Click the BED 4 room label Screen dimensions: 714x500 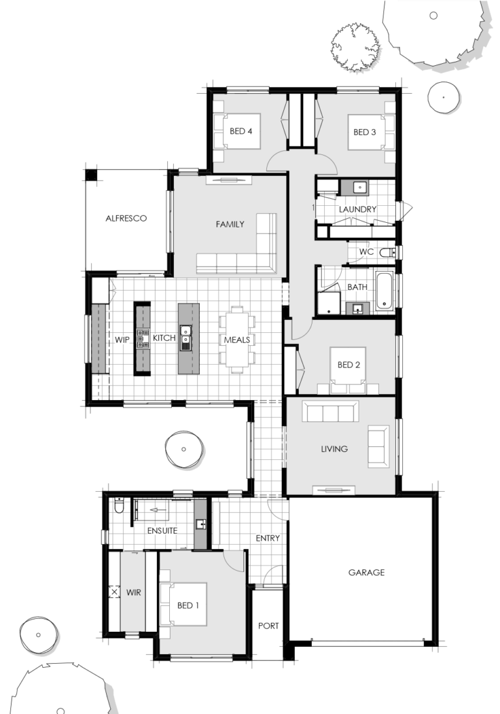pos(240,131)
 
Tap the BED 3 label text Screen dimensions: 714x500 pos(365,132)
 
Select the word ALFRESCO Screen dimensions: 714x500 pos(126,218)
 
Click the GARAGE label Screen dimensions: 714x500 pos(366,573)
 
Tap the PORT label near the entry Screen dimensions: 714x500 pos(268,625)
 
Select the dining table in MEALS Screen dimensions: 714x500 pos(236,339)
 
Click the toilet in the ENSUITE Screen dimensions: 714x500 pos(118,506)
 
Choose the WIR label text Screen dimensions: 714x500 pos(134,593)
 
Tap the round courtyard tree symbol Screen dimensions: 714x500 pos(184,450)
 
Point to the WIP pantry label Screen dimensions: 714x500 pos(123,339)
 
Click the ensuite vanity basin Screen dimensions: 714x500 pos(201,524)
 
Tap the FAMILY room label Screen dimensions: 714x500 pos(230,224)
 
